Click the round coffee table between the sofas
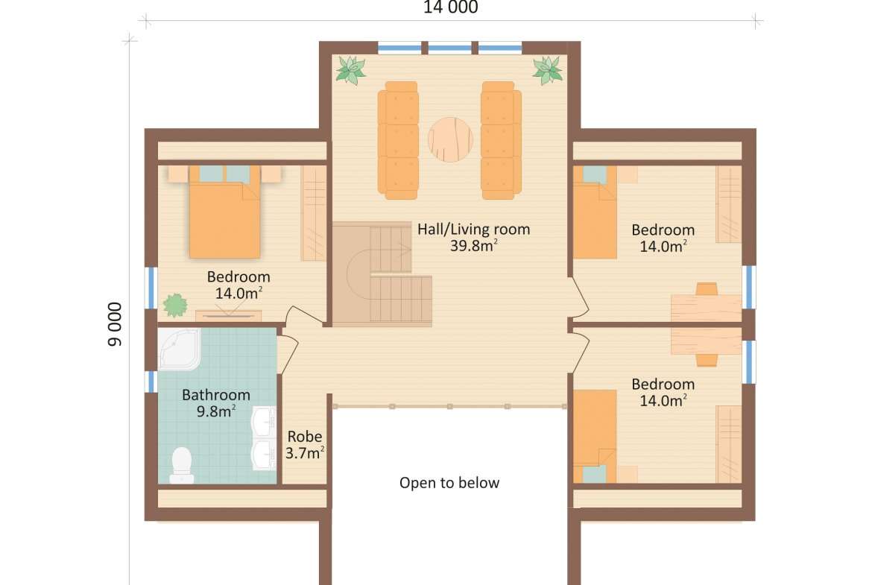pos(450,139)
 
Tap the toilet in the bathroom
pos(182,465)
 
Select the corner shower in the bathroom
pos(179,349)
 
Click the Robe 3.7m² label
pos(305,445)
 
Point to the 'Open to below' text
pos(449,483)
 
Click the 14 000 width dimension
pos(450,7)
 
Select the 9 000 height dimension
pos(115,324)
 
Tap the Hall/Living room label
pos(474,229)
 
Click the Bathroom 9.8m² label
pos(216,403)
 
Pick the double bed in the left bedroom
pos(224,212)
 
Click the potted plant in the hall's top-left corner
pos(350,70)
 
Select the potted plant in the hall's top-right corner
pos(548,70)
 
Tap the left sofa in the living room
pos(398,140)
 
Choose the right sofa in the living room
pos(501,140)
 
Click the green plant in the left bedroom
pos(175,306)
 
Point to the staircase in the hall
pos(382,273)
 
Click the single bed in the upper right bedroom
pos(595,212)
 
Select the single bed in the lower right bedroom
pos(595,437)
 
